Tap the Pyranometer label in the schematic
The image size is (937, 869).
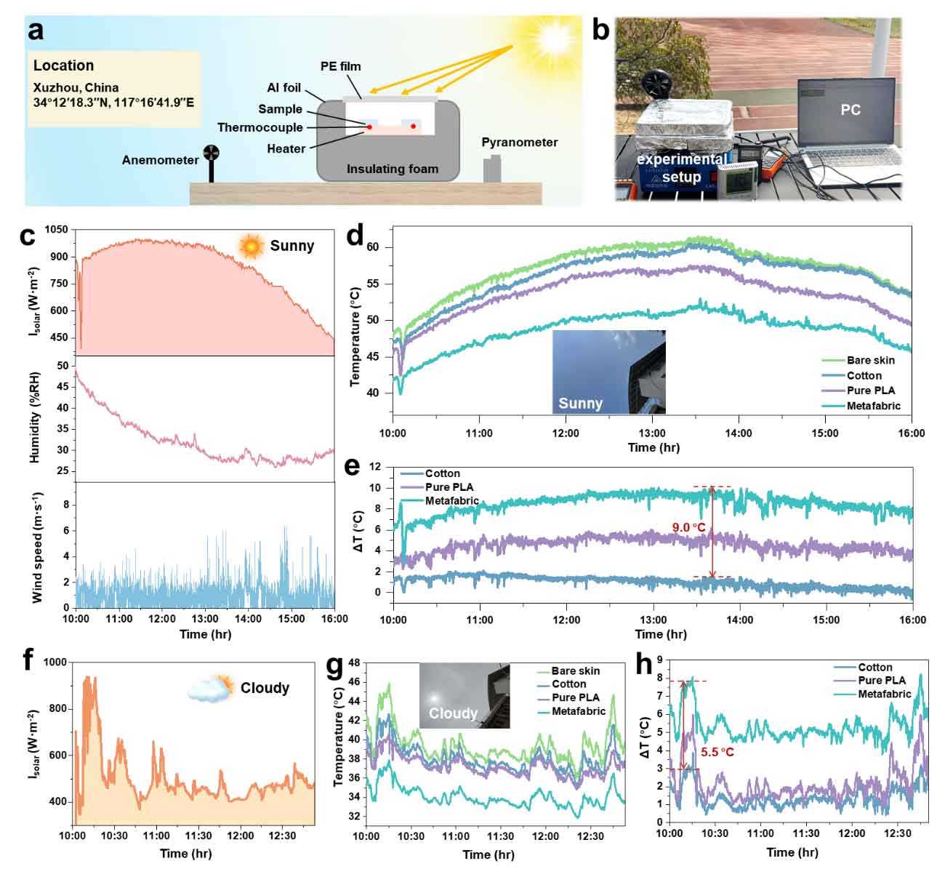tap(520, 143)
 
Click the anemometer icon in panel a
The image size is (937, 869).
tap(211, 153)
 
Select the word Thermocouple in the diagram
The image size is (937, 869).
tap(260, 127)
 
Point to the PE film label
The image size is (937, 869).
tap(341, 66)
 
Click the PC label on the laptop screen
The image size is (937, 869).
tap(850, 110)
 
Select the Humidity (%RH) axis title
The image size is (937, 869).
tap(34, 417)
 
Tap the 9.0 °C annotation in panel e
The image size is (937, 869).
tap(689, 527)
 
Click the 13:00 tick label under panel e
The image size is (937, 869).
tap(653, 620)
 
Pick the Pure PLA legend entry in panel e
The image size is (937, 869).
tap(449, 487)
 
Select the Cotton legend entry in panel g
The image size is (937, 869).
tap(568, 684)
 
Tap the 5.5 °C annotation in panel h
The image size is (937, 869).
tap(717, 752)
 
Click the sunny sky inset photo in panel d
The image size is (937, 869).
tap(608, 372)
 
